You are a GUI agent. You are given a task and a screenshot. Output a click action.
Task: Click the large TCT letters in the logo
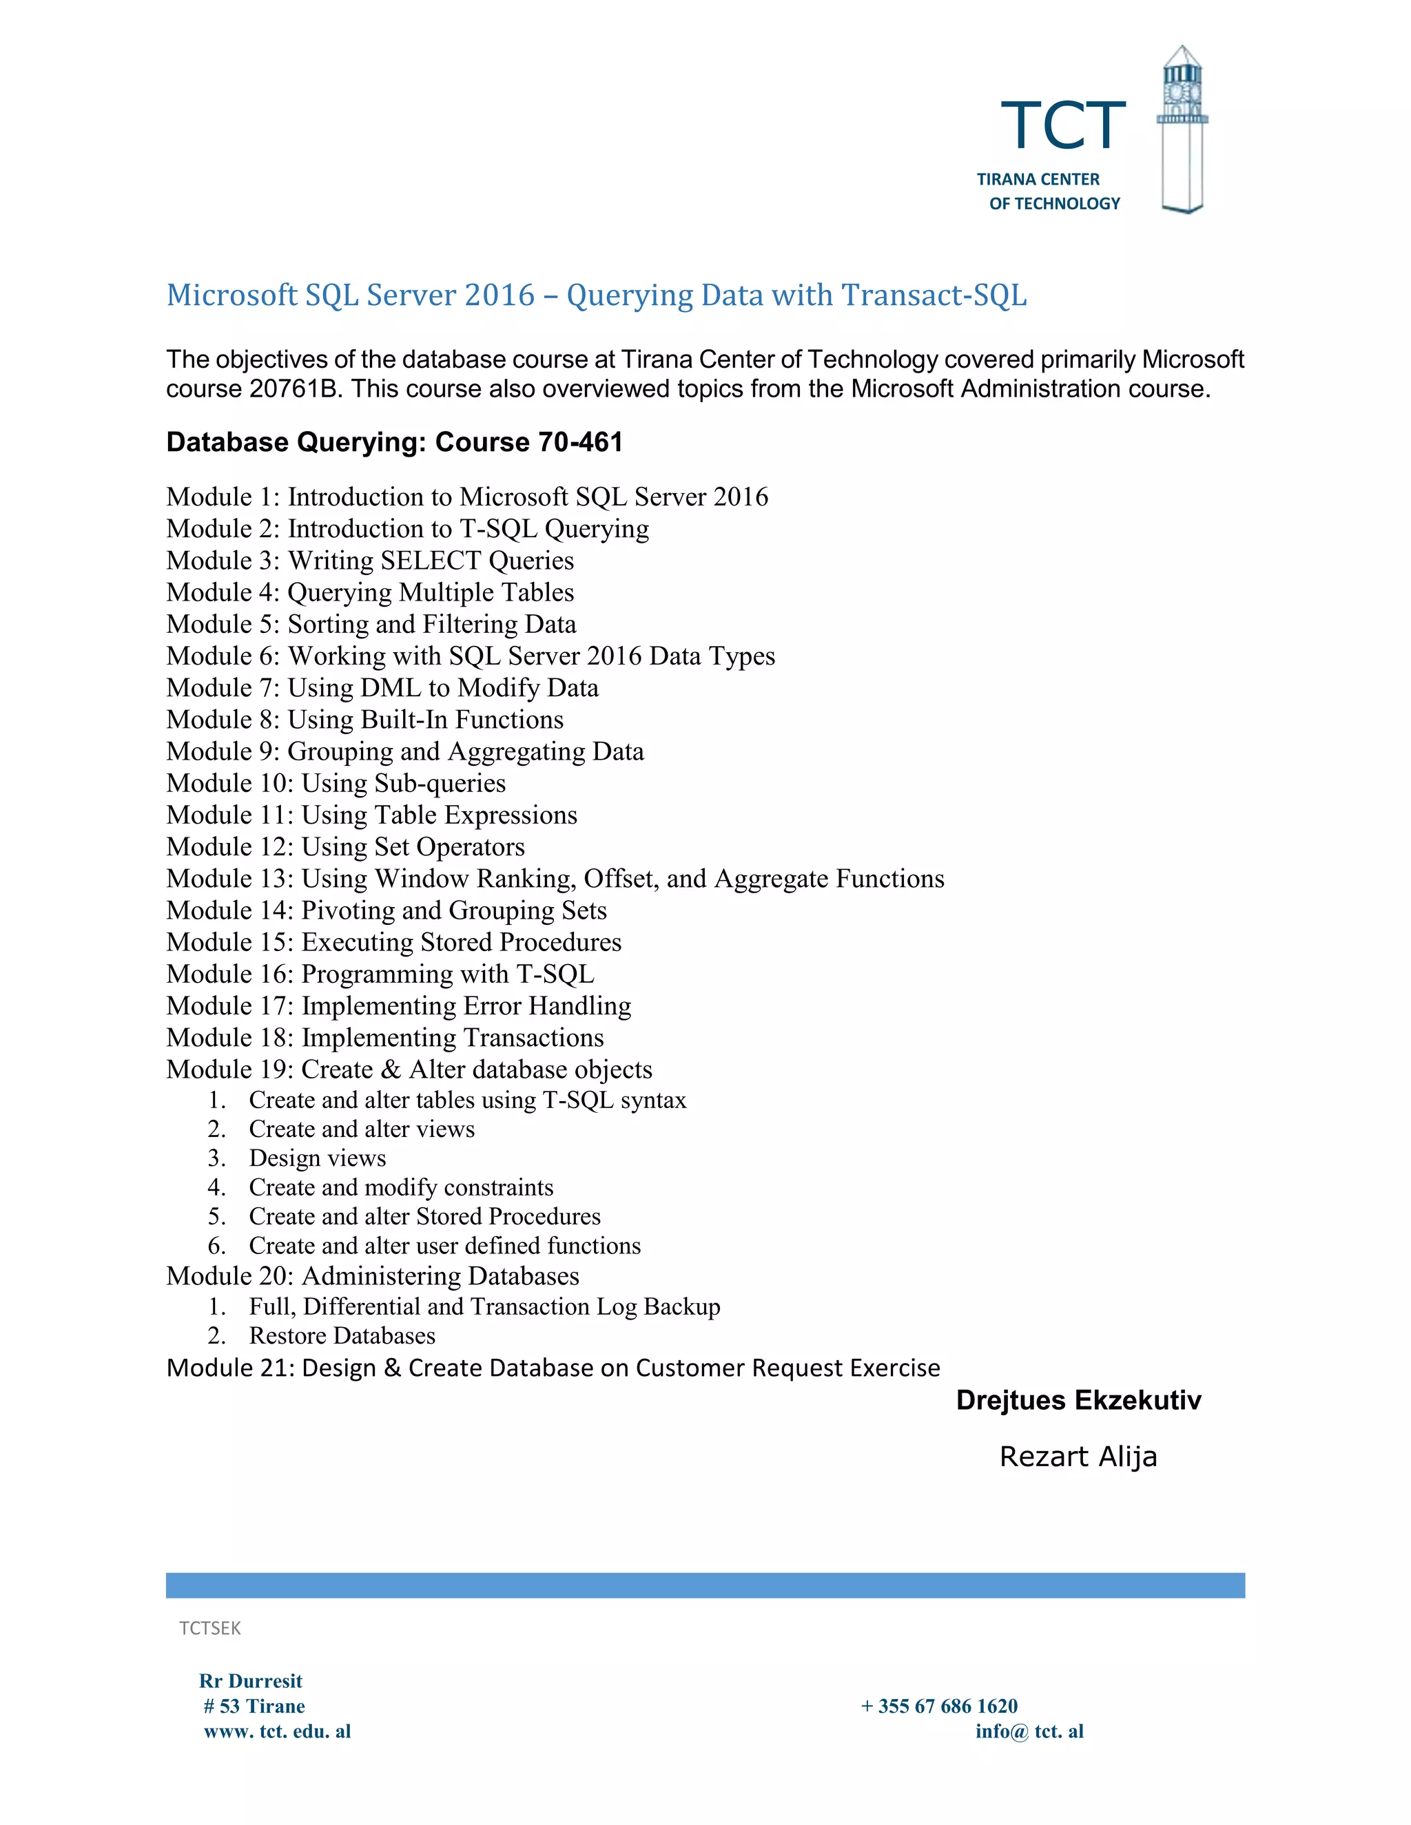(x=1062, y=126)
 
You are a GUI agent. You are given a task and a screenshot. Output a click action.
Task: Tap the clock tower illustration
(x=1182, y=129)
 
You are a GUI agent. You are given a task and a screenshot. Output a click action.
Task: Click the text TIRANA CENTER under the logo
(x=1038, y=180)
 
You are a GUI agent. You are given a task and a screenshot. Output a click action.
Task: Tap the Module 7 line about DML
(x=382, y=688)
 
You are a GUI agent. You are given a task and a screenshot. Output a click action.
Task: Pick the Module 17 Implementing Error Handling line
(x=398, y=1005)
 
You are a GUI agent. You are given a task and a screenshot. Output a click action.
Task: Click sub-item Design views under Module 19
(x=317, y=1158)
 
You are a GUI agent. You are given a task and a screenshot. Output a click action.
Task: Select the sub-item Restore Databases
(x=342, y=1335)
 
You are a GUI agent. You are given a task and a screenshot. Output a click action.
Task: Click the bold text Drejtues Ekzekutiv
(x=1078, y=1401)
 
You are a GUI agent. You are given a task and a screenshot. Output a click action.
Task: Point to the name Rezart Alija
(x=1078, y=1457)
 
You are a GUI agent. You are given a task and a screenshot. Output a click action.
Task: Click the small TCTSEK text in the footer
(x=210, y=1628)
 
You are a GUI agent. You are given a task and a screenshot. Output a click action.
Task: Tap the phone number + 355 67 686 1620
(x=939, y=1707)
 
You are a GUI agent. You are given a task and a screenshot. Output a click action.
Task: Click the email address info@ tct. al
(x=1029, y=1731)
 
